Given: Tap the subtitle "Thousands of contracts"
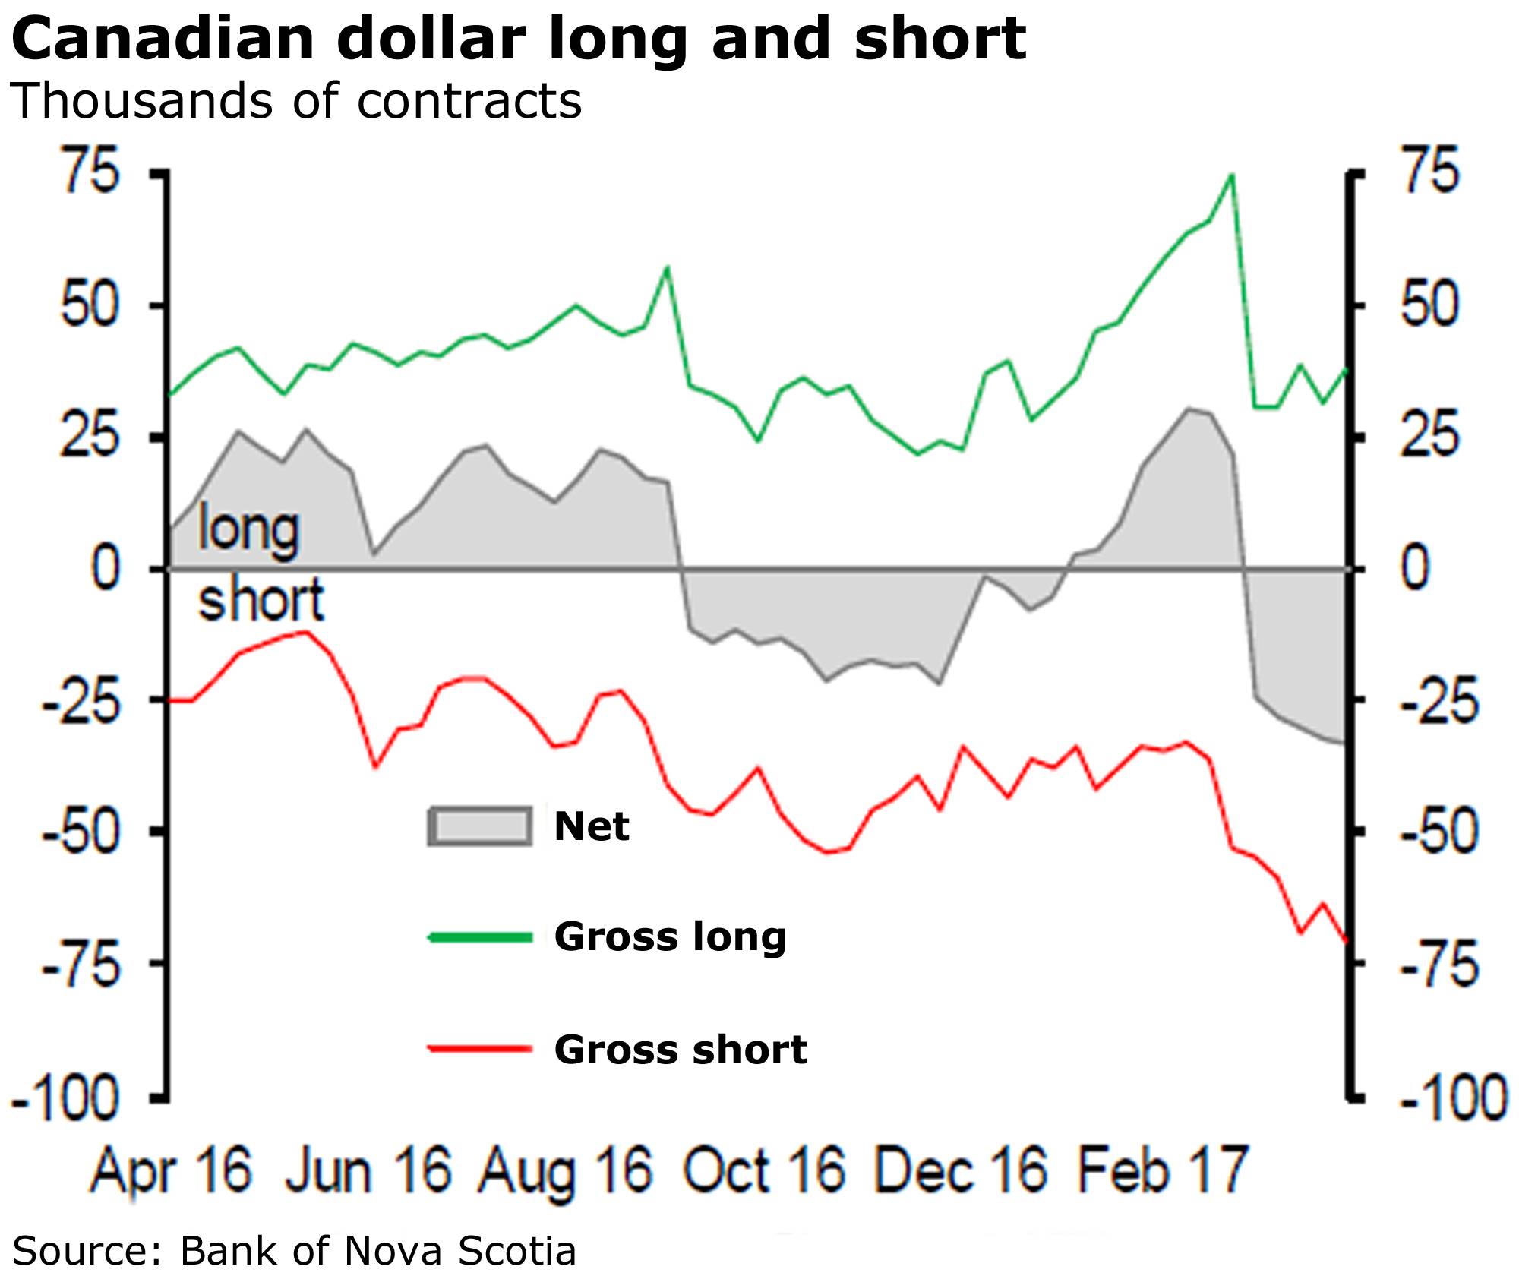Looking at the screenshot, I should [x=295, y=101].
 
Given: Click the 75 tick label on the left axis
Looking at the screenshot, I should [x=91, y=171].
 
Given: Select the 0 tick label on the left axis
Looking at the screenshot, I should [x=106, y=568].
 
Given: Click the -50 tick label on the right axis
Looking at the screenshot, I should [x=1440, y=831].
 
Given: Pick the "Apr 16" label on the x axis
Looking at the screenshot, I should [x=171, y=1170].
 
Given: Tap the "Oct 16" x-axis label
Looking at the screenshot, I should [x=764, y=1170].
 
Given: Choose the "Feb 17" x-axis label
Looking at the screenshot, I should [x=1162, y=1170].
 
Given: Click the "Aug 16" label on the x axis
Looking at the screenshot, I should [x=566, y=1170].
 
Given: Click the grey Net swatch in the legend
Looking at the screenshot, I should [x=480, y=826].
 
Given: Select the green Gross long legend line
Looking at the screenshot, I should [x=480, y=937].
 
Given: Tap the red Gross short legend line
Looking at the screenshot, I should [x=480, y=1050].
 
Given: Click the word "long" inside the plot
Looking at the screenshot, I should [x=248, y=529].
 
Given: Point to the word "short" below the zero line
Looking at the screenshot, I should [x=261, y=599].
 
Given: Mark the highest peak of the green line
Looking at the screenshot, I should [x=1231, y=175].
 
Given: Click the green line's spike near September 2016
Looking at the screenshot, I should [x=667, y=267].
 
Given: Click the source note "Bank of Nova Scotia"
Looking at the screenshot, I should [x=377, y=1250].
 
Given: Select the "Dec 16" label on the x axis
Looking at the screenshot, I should [x=961, y=1170].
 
